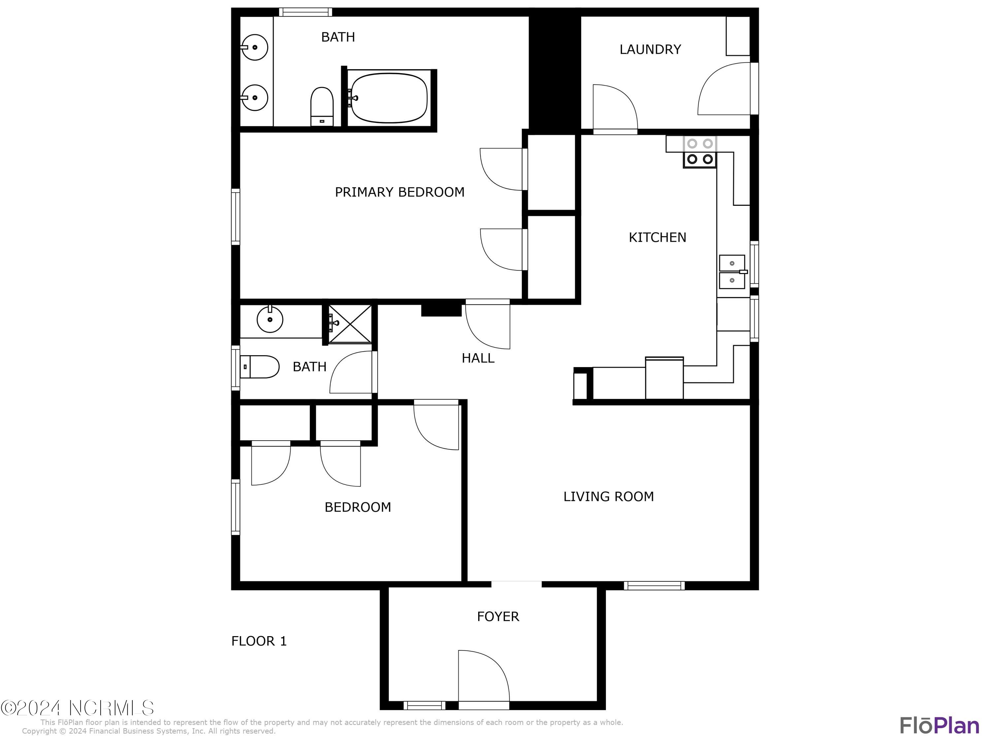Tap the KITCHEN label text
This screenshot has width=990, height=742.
(x=657, y=237)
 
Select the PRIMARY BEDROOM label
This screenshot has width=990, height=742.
(x=399, y=192)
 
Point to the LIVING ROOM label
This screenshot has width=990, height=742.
(x=608, y=496)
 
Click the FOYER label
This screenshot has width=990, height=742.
(x=498, y=616)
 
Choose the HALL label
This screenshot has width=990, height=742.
(x=478, y=358)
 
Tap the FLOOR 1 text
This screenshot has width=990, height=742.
(x=259, y=641)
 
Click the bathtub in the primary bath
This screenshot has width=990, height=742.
(x=389, y=98)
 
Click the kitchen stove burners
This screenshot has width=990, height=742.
(x=700, y=152)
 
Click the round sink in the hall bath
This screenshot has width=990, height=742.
(x=270, y=319)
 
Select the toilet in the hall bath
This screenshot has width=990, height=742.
(x=260, y=367)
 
